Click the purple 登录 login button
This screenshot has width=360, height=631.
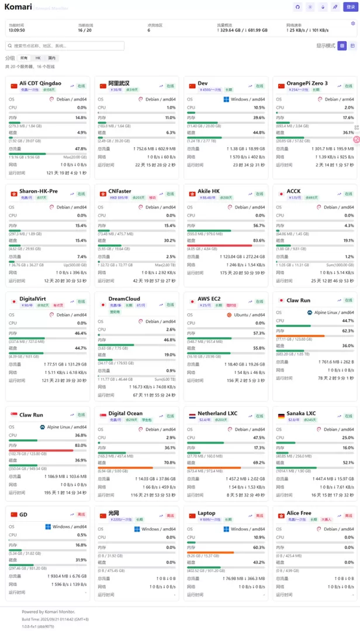pos(350,7)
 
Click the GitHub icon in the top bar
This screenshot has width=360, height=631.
pos(297,7)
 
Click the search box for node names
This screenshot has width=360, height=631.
pos(65,46)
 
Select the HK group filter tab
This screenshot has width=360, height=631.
pos(38,58)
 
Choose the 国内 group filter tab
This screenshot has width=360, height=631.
pos(52,58)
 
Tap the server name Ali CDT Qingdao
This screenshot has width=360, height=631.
pos(40,84)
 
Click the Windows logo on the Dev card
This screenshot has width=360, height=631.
pos(226,99)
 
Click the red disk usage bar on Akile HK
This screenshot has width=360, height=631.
pos(220,245)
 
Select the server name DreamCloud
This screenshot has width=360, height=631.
pos(124,299)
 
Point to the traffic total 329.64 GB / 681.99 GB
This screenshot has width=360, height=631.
pos(242,30)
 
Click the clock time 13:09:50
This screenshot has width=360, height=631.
pos(16,30)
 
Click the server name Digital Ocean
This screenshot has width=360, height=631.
pos(125,414)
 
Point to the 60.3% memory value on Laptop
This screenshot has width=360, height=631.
pos(259,547)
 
